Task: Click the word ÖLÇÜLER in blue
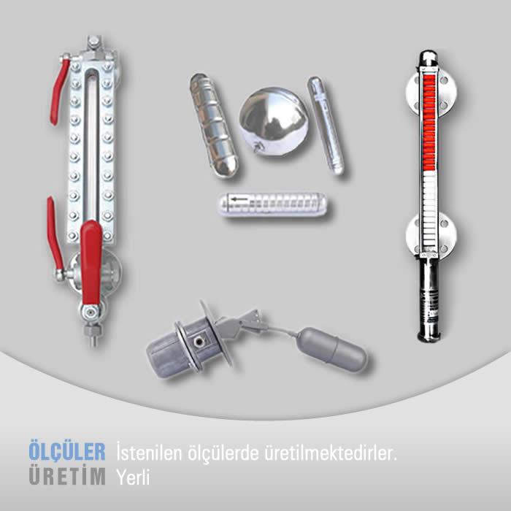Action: pos(67,451)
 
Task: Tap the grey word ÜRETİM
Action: pos(67,476)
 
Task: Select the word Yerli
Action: pos(133,477)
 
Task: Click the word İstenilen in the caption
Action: pos(149,453)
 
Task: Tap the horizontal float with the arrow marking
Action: pos(273,204)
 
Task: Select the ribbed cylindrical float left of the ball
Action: pos(214,126)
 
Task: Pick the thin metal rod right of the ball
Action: pos(326,126)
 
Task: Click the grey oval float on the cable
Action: pos(333,350)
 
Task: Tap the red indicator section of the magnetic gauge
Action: pos(429,122)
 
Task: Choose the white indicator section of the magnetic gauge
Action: pos(429,211)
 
